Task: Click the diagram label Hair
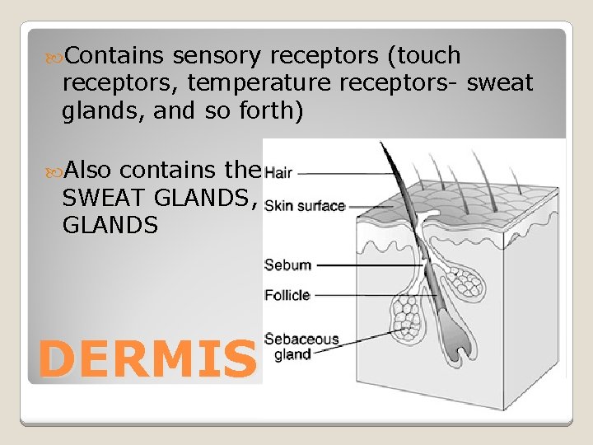278,174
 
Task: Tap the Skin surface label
305,206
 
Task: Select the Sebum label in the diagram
287,265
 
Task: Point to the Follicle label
287,294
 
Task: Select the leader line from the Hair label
346,174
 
